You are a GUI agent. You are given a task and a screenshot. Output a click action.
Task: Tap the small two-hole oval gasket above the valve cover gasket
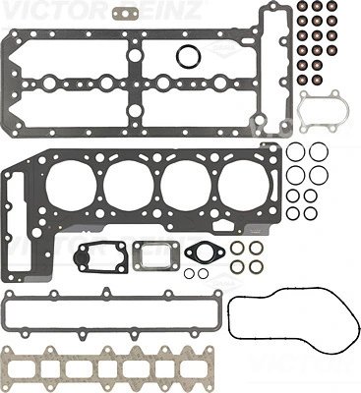[x=124, y=15]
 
